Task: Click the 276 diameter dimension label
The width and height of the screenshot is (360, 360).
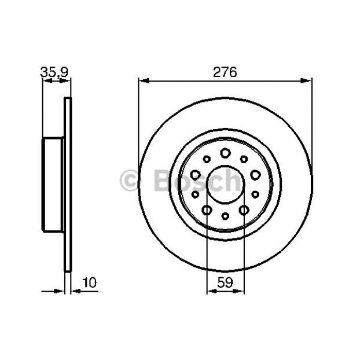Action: tap(225, 72)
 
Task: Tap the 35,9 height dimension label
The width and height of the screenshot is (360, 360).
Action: tap(54, 72)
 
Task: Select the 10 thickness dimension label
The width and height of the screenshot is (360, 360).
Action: tap(90, 282)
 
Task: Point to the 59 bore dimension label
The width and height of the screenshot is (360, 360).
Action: tap(225, 282)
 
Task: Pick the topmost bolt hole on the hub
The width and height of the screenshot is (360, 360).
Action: tap(226, 153)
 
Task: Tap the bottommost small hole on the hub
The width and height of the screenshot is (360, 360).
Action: tap(226, 216)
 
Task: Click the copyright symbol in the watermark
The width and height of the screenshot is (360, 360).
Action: tap(129, 180)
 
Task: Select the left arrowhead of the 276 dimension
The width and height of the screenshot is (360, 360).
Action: tap(144, 80)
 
